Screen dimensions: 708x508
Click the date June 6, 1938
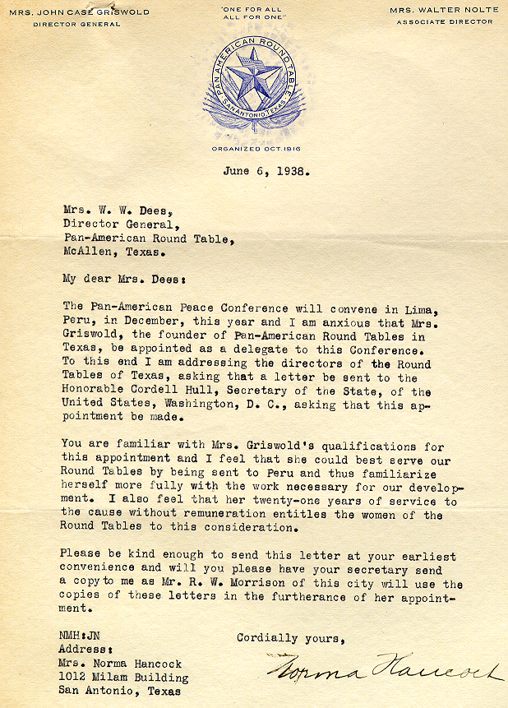click(x=266, y=172)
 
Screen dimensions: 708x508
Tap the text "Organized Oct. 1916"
click(x=253, y=148)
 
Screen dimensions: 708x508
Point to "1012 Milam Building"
click(x=122, y=678)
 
